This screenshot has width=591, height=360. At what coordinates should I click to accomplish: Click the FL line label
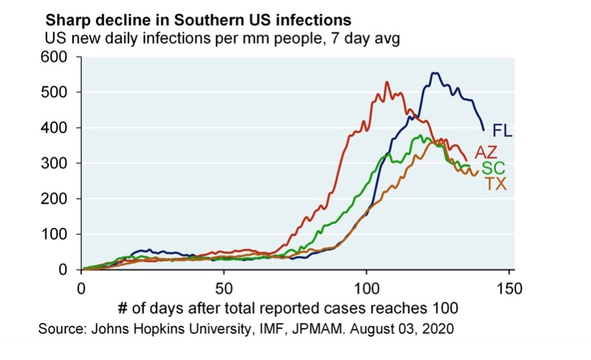click(503, 131)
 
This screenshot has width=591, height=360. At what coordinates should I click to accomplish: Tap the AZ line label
click(486, 152)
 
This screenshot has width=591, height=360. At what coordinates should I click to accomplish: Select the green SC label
click(493, 169)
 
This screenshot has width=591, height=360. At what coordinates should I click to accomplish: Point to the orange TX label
click(495, 184)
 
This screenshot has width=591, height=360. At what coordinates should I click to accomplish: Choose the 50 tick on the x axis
click(224, 287)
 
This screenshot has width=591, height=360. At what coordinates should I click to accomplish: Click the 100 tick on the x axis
click(366, 287)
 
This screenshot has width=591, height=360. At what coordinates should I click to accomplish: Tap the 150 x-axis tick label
click(509, 287)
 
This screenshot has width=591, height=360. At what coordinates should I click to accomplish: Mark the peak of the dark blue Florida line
click(434, 73)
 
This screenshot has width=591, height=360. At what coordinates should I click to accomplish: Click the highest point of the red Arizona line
click(387, 82)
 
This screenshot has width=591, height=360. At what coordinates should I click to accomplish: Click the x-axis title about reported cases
click(288, 308)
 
